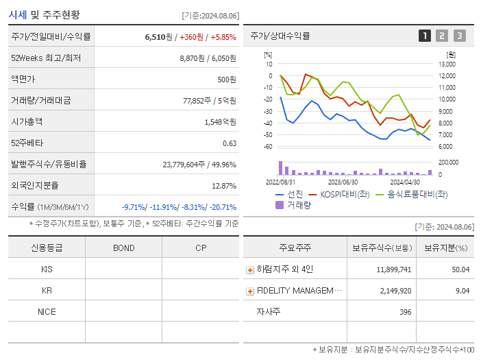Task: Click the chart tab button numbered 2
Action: [x=442, y=36]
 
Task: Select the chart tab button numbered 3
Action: [x=459, y=36]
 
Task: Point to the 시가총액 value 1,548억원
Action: [x=220, y=122]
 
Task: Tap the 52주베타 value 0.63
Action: [x=230, y=143]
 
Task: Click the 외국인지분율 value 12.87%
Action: [x=224, y=186]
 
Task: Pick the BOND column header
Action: [x=123, y=248]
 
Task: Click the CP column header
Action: [x=201, y=248]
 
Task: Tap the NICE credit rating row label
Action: [x=47, y=312]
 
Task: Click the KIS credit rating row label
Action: [x=47, y=269]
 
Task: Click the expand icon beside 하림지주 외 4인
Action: [x=250, y=269]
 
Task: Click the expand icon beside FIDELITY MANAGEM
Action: [x=250, y=291]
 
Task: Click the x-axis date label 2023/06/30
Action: [x=343, y=182]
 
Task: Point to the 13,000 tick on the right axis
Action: [x=446, y=64]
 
